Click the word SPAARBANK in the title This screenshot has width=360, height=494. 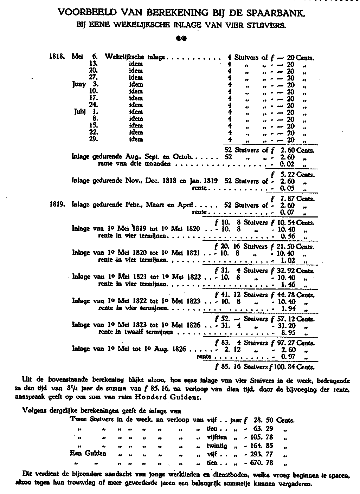276,13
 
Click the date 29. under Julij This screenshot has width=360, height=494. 93,139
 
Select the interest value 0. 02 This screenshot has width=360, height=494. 288,164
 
